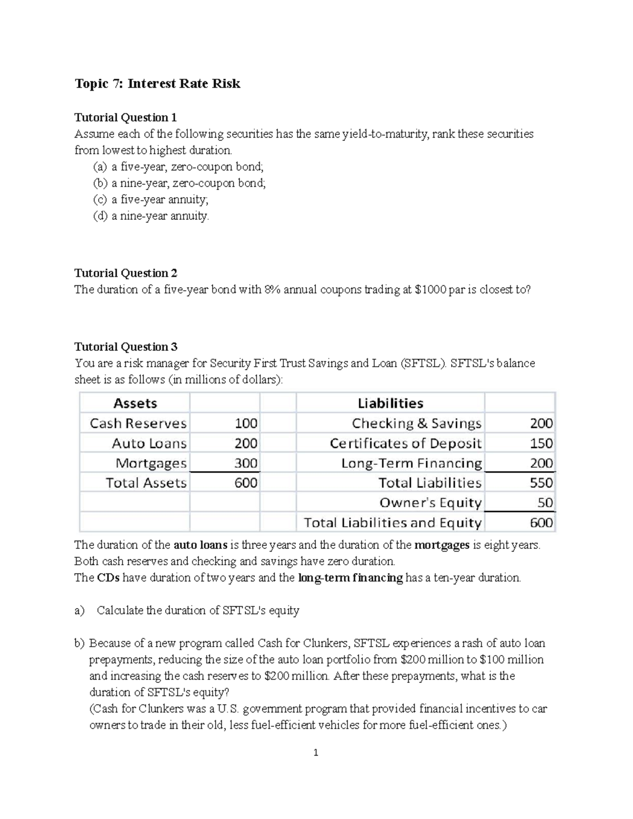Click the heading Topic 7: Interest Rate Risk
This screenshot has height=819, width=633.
pyautogui.click(x=157, y=84)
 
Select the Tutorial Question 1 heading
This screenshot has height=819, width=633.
pyautogui.click(x=126, y=117)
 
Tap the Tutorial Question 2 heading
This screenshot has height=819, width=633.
pyautogui.click(x=126, y=273)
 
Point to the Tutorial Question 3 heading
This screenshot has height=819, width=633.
pyautogui.click(x=126, y=346)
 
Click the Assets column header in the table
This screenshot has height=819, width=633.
pyautogui.click(x=135, y=403)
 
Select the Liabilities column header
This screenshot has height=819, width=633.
pyautogui.click(x=390, y=403)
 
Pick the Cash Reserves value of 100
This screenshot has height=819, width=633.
pyautogui.click(x=246, y=423)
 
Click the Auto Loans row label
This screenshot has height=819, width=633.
pyautogui.click(x=149, y=444)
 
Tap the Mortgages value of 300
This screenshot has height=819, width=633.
pyautogui.click(x=246, y=464)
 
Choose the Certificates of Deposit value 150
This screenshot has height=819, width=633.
pyautogui.click(x=541, y=444)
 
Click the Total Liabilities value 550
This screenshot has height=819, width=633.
pyautogui.click(x=541, y=483)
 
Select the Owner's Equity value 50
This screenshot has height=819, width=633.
pyautogui.click(x=545, y=503)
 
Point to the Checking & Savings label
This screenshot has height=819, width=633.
pyautogui.click(x=417, y=423)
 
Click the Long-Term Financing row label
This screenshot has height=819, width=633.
pyautogui.click(x=411, y=464)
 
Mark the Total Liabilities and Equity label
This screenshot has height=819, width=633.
pyautogui.click(x=392, y=523)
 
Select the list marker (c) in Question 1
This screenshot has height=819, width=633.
pyautogui.click(x=100, y=199)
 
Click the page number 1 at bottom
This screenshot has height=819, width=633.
pyautogui.click(x=316, y=753)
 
